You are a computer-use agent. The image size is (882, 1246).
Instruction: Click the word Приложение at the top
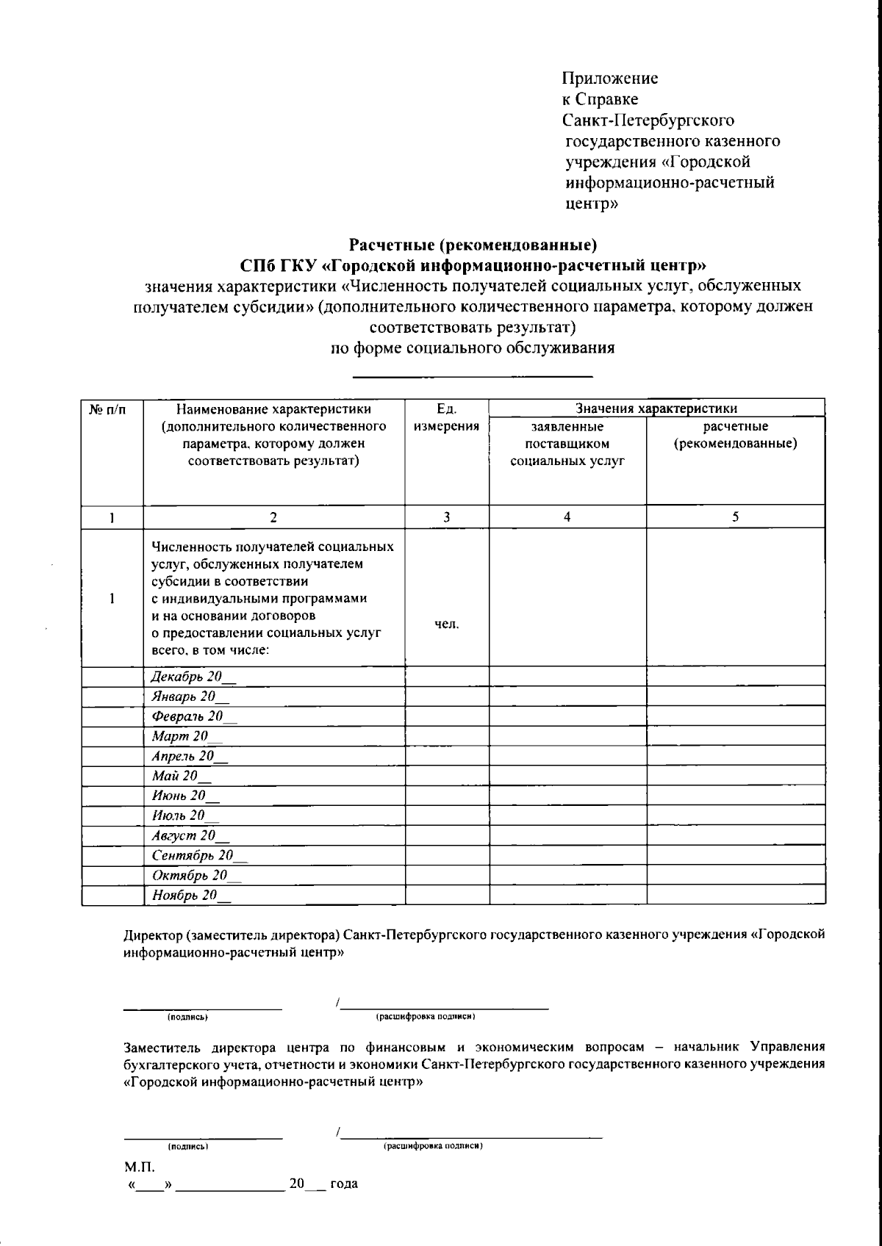tap(610, 79)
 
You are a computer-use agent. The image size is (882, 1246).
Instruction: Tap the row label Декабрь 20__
tap(194, 677)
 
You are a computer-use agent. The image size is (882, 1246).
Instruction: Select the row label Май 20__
tap(181, 776)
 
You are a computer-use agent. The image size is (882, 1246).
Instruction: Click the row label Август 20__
tap(190, 835)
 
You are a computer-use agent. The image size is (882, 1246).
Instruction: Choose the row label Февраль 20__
tap(194, 716)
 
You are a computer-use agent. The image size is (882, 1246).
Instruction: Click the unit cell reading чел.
tap(446, 624)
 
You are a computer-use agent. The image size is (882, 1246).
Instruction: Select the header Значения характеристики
tap(656, 408)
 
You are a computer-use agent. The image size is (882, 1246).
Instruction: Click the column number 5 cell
tap(735, 517)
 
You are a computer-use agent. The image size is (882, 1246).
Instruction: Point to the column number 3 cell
tap(446, 517)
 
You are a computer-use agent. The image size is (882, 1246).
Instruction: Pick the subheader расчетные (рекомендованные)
tap(735, 436)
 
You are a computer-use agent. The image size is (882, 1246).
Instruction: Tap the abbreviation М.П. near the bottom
tap(139, 1167)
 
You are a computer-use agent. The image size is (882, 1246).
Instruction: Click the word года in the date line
tap(344, 1184)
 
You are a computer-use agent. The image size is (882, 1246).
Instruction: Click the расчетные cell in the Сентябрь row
tap(735, 856)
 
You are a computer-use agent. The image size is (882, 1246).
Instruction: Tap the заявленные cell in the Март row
tap(567, 737)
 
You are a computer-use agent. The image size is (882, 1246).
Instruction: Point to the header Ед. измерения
tap(446, 418)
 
